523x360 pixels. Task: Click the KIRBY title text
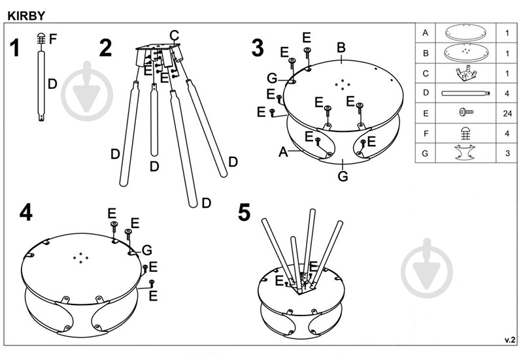tap(26, 16)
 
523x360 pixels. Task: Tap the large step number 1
tap(14, 48)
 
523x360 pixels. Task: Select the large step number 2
tap(105, 48)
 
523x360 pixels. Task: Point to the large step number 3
tap(258, 48)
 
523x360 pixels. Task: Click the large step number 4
tap(26, 212)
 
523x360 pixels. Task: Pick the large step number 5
tap(244, 212)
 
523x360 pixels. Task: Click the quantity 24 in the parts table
tap(507, 114)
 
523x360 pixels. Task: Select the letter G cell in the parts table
tap(425, 154)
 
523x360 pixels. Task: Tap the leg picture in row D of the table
tap(465, 93)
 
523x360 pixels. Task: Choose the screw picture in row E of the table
tap(466, 112)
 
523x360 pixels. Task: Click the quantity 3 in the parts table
tap(507, 154)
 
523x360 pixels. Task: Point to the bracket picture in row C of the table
tap(466, 73)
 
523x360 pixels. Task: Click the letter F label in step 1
tap(53, 39)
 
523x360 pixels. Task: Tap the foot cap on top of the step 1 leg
tap(41, 39)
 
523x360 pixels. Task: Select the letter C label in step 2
tap(174, 35)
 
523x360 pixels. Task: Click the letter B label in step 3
tap(341, 48)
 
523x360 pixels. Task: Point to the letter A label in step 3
tap(283, 152)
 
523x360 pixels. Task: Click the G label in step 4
tap(146, 250)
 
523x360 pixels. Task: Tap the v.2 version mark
tap(510, 340)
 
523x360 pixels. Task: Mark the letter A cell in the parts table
tap(425, 33)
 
